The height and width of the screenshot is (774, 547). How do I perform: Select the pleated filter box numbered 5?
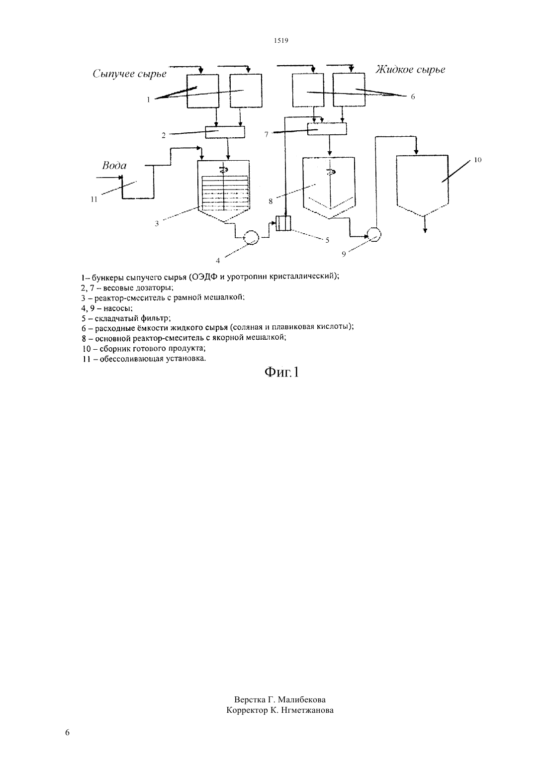click(283, 223)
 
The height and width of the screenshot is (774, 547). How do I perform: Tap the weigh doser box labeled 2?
click(225, 132)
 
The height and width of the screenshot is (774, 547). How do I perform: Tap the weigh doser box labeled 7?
click(327, 129)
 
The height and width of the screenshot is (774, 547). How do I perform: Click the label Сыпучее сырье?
click(129, 74)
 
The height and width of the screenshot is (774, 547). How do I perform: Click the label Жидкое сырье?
click(410, 70)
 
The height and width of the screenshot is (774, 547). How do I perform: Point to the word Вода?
click(114, 166)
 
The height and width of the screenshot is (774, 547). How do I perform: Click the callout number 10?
click(477, 160)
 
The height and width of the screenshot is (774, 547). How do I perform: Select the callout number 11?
click(94, 199)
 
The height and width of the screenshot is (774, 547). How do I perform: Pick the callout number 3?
click(157, 223)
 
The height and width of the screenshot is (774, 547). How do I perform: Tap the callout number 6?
click(413, 97)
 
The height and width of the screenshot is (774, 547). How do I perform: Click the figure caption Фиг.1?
click(281, 372)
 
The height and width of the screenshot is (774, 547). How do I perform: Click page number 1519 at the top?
click(281, 40)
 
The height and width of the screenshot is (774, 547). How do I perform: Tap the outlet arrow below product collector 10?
click(425, 223)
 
